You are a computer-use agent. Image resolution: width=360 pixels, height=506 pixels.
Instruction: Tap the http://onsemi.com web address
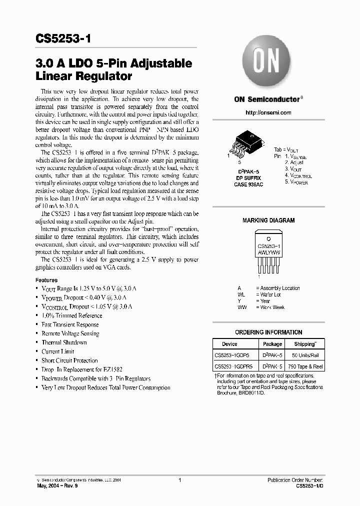click(268, 112)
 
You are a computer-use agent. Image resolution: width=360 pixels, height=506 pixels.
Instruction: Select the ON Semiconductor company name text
click(267, 99)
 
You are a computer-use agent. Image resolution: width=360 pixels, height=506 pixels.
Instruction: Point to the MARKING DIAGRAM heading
click(268, 220)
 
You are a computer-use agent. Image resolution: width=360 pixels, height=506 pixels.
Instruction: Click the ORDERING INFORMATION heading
click(268, 332)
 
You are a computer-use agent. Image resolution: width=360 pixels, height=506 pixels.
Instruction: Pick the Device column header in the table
click(229, 344)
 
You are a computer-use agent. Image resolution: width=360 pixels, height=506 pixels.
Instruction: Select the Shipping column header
click(304, 344)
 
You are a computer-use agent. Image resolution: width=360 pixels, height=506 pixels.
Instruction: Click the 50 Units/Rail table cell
click(305, 355)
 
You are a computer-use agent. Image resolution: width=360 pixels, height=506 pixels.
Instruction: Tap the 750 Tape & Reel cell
click(305, 366)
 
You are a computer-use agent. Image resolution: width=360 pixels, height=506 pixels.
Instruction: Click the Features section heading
click(46, 280)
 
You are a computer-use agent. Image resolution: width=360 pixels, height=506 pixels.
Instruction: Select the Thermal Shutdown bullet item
click(64, 342)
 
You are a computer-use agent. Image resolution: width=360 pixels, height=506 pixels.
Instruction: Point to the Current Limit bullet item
click(57, 351)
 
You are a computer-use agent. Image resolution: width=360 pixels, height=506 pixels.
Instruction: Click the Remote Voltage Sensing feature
click(70, 333)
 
